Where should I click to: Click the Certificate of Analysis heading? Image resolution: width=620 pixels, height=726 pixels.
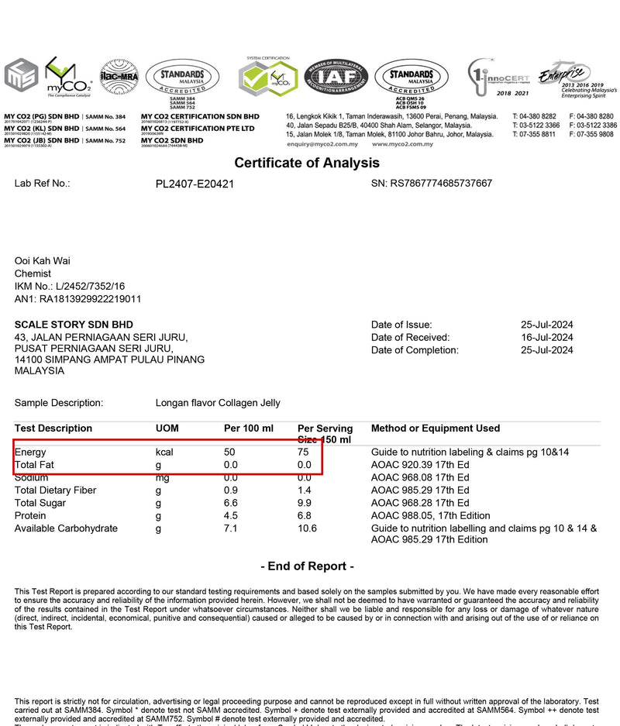coord(307,163)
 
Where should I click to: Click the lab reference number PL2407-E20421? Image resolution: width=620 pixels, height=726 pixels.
coord(195,184)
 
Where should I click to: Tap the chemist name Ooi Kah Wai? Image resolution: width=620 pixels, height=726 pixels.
coord(42,261)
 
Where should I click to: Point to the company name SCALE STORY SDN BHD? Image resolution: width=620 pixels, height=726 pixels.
coord(74,325)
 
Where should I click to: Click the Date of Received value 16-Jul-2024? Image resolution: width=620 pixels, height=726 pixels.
coord(546,338)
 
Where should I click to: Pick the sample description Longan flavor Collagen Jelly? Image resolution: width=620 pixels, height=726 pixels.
coord(218,403)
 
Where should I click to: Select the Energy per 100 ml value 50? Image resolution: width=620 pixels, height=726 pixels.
coord(229,452)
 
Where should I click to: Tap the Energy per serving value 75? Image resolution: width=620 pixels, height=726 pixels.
coord(304,452)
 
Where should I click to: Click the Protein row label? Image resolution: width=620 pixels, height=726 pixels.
coord(31,516)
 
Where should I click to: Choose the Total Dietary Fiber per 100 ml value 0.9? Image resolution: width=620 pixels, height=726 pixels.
coord(230,490)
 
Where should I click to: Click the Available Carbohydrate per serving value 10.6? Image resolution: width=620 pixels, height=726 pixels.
coord(307,528)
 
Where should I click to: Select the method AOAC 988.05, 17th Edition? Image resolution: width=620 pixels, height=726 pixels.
coord(430,516)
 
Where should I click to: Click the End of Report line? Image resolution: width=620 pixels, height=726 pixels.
coord(307,566)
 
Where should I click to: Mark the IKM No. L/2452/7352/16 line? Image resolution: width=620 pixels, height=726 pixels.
coord(70,287)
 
